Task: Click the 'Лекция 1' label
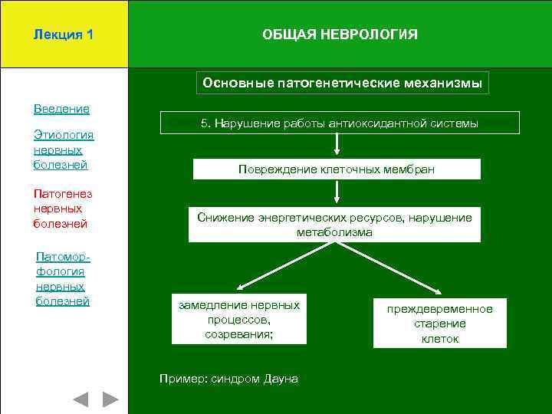(x=64, y=34)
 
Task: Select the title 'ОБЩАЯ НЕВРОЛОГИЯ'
(x=340, y=34)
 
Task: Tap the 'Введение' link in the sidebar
(x=61, y=109)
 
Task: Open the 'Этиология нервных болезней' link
(x=64, y=149)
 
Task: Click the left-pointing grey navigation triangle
(x=80, y=399)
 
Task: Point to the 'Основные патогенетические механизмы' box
(x=342, y=83)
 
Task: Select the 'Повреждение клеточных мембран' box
(x=336, y=169)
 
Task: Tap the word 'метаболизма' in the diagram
(x=335, y=232)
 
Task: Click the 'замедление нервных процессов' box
(x=239, y=320)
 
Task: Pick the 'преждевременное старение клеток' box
(x=439, y=323)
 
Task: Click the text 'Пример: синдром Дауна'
(x=228, y=379)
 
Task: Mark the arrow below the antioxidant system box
(x=335, y=146)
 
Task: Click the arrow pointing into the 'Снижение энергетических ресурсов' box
(x=335, y=193)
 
